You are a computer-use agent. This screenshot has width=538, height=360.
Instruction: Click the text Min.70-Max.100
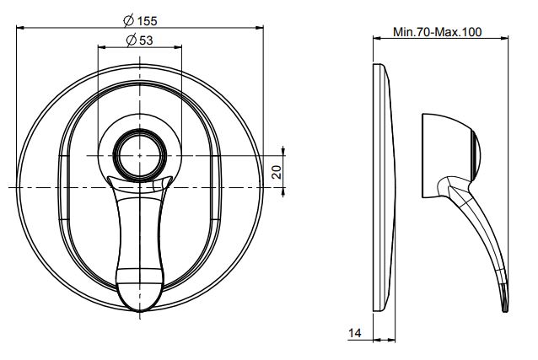(x=437, y=33)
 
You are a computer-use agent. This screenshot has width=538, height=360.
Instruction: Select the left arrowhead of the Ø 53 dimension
(x=103, y=49)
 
